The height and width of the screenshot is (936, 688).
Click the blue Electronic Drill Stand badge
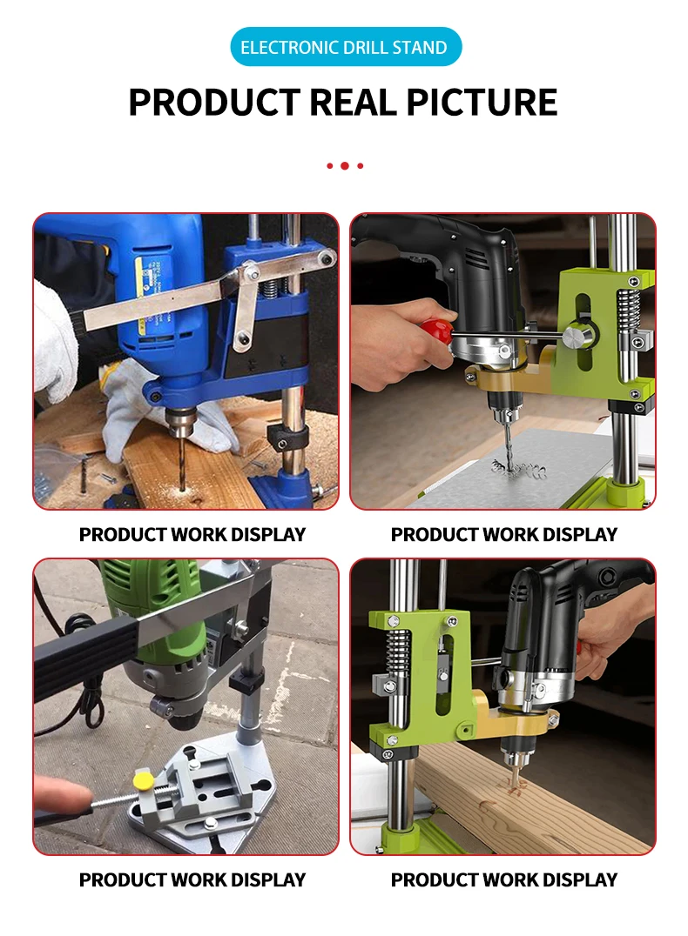pyautogui.click(x=345, y=47)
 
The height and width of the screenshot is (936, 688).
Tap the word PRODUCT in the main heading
pyautogui.click(x=214, y=102)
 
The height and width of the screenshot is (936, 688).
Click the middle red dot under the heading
pyautogui.click(x=345, y=165)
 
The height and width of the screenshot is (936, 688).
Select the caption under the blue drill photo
pyautogui.click(x=192, y=534)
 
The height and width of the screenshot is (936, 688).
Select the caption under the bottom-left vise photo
pyautogui.click(x=192, y=879)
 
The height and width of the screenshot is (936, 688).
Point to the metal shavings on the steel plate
pyautogui.click(x=519, y=471)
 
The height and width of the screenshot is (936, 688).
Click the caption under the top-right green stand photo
pyautogui.click(x=503, y=534)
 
